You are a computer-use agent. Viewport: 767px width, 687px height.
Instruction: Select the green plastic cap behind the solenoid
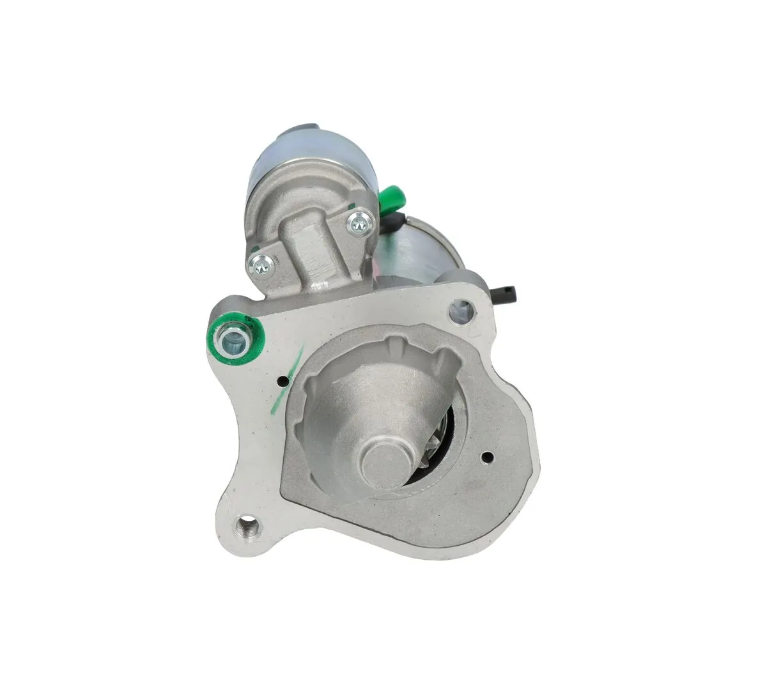coord(387,200)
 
